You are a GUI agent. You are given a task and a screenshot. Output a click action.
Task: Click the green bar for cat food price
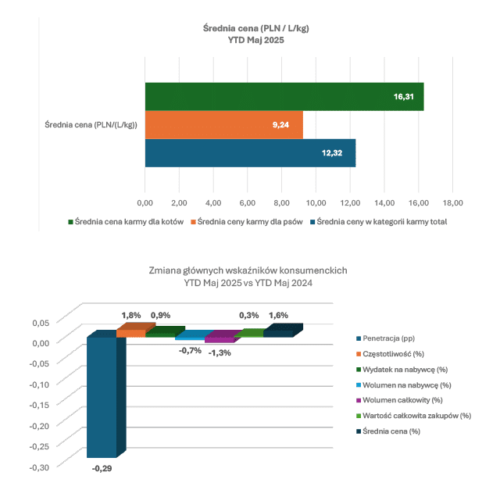pos(284,97)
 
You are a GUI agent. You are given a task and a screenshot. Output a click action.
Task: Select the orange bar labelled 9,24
pos(223,125)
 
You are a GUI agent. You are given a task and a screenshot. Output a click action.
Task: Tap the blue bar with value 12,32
pos(250,153)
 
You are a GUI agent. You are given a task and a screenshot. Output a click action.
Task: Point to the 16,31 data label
pos(404,97)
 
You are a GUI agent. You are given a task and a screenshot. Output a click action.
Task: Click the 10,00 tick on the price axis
pos(316,202)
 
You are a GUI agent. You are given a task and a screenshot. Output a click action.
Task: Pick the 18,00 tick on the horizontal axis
pos(452,202)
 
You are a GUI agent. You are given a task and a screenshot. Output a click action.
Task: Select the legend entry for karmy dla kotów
pos(128,222)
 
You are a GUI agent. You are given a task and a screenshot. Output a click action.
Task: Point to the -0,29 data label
pos(102,468)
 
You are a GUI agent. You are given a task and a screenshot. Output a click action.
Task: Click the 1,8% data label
pos(131,315)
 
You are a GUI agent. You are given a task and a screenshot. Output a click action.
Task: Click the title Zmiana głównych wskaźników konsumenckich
pos(248,270)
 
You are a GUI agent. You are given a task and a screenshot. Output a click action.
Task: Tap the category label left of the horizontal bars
pos(86,125)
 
